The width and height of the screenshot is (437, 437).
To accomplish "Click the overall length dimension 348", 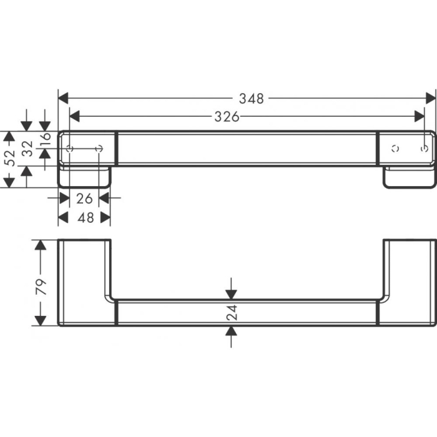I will pos(251,98).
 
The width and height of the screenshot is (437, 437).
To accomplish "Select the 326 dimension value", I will pos(228,116).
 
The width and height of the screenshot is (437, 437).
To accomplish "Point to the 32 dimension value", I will pos(27,149).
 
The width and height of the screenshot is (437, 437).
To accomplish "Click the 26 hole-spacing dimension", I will pos(84,198).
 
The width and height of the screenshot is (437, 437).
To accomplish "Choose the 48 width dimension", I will pos(85,217).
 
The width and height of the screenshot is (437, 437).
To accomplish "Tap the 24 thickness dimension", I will pos(232,312).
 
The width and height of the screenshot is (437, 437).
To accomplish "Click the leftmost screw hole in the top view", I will pos(69,148).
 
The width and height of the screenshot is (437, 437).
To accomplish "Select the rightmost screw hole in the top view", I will pos(425,148).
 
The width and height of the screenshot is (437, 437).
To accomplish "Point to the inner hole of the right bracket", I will pos(395,149).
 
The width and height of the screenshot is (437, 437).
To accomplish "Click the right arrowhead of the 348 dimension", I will pos(430,98).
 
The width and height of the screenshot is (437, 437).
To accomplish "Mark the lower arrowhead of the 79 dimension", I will pos(41,320).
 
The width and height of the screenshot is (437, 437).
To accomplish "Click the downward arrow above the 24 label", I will pos(232,293).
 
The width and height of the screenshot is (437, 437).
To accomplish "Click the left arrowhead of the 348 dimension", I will pos(63,98).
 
